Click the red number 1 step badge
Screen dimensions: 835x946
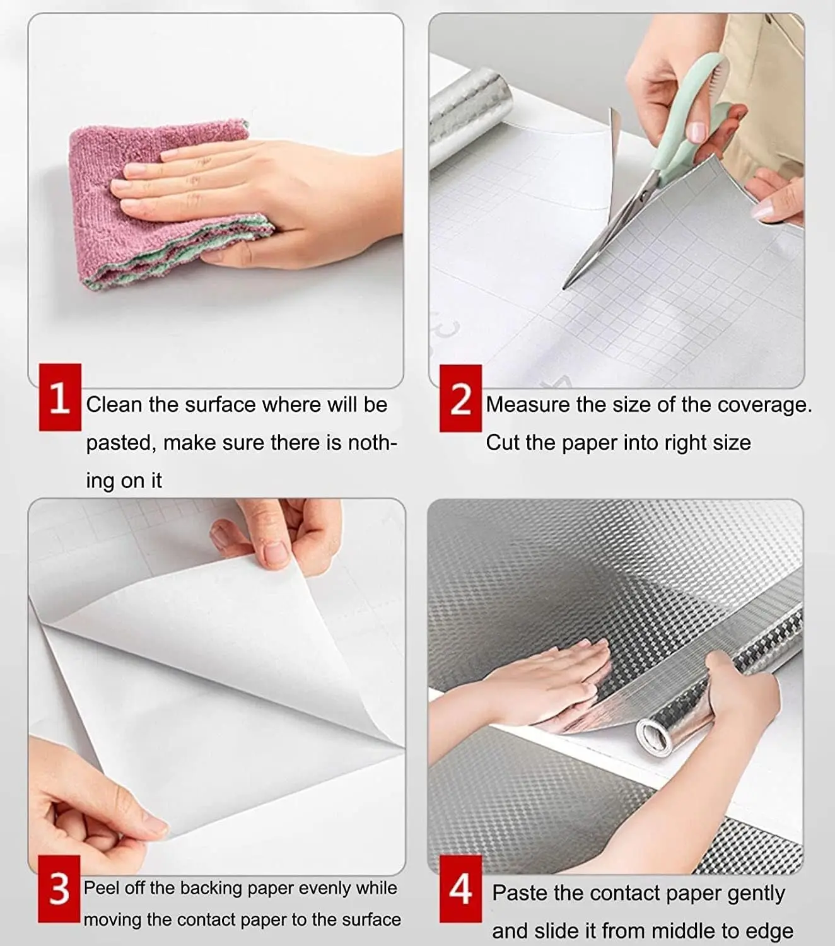click(60, 397)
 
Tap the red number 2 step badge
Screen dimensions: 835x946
click(460, 399)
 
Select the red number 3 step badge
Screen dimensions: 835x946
click(59, 889)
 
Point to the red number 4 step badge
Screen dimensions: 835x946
click(460, 889)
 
